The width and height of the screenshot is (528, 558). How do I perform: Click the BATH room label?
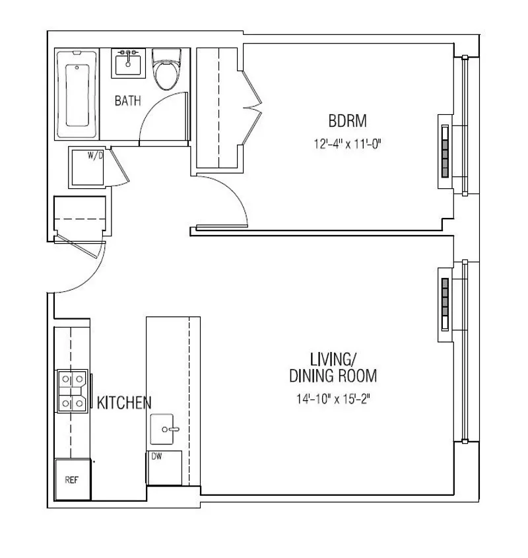point(127,101)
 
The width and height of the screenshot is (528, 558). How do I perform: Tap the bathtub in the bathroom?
point(78,94)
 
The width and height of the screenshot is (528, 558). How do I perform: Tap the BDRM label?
point(347,122)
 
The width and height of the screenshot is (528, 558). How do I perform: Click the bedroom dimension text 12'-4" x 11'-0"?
point(348,143)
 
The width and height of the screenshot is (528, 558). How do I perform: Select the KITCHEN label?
point(125,402)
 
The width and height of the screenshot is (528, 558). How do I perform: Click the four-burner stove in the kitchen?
point(72,390)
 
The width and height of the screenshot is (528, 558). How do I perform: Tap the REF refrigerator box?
point(72,479)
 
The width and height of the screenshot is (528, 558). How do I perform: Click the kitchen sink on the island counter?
point(165,429)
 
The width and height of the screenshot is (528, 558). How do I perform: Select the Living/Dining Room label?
point(333,368)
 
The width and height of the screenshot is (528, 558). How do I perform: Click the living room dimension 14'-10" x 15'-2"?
point(333,398)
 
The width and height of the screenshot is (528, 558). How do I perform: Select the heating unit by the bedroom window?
point(445,151)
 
